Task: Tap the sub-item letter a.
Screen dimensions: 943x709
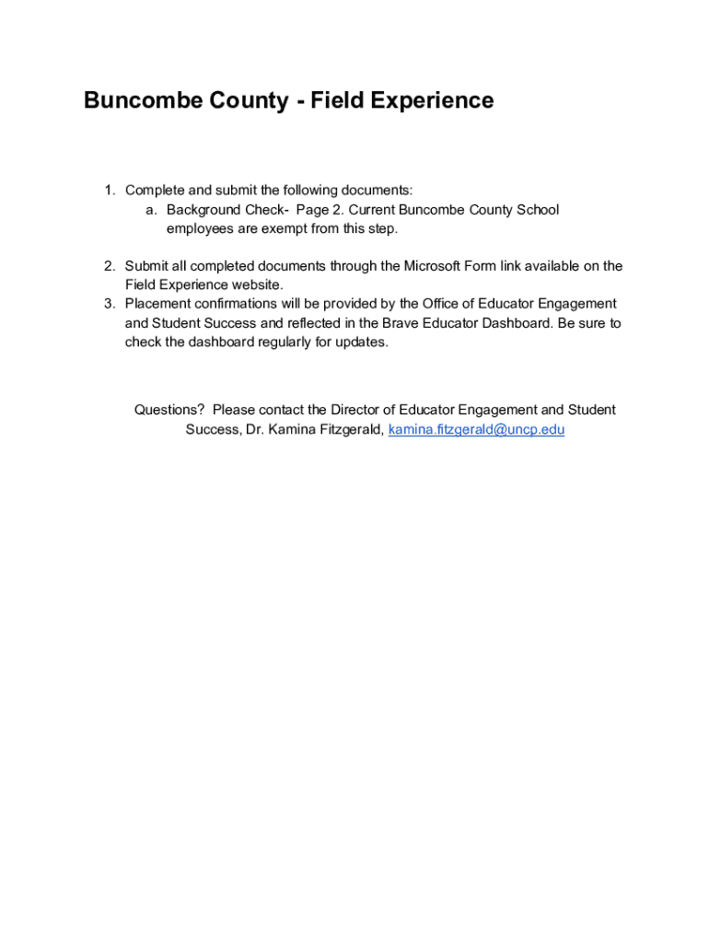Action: point(149,210)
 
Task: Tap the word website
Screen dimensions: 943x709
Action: point(252,285)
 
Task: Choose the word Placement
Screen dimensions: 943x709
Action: point(159,304)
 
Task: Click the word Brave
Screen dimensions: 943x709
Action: point(401,323)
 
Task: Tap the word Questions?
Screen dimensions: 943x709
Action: point(169,410)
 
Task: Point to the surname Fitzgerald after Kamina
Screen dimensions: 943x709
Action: point(349,429)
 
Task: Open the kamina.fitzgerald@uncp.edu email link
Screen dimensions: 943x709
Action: point(476,429)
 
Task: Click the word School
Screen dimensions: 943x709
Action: point(538,210)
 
